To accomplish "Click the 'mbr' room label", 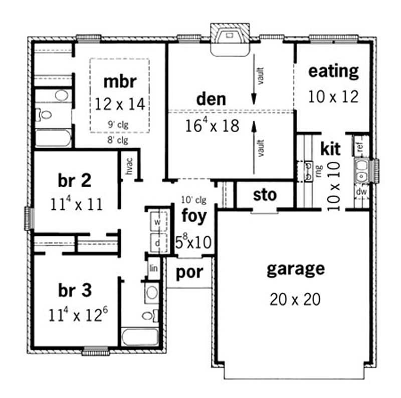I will tap(120, 81).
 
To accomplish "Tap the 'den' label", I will tap(211, 99).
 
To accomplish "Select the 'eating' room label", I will tap(333, 71).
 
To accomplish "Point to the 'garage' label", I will tap(295, 269).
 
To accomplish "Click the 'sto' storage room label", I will tap(265, 194).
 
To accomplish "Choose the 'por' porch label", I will tap(189, 272).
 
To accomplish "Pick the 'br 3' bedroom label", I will tap(75, 290).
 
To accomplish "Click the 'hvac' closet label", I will tap(129, 167).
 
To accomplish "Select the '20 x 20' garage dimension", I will tap(295, 299).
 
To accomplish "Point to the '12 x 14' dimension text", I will tap(120, 104).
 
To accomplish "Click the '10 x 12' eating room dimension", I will tap(333, 96).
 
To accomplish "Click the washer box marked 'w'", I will tap(157, 221).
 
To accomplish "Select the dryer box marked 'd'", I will tap(157, 242).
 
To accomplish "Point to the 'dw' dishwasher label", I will tap(360, 191).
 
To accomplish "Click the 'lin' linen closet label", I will tap(154, 269).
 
